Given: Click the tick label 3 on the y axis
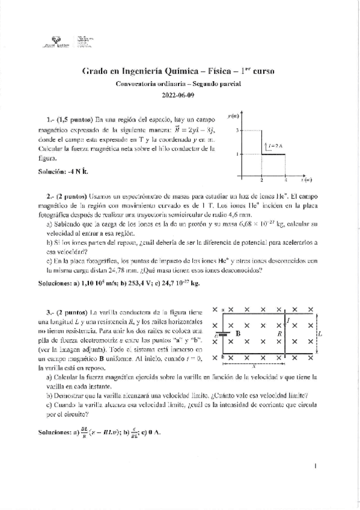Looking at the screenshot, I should click(237, 131).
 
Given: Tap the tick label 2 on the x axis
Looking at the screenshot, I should click(261, 180).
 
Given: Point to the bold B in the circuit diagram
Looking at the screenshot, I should click(238, 333).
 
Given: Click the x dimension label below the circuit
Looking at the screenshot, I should click(254, 364).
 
